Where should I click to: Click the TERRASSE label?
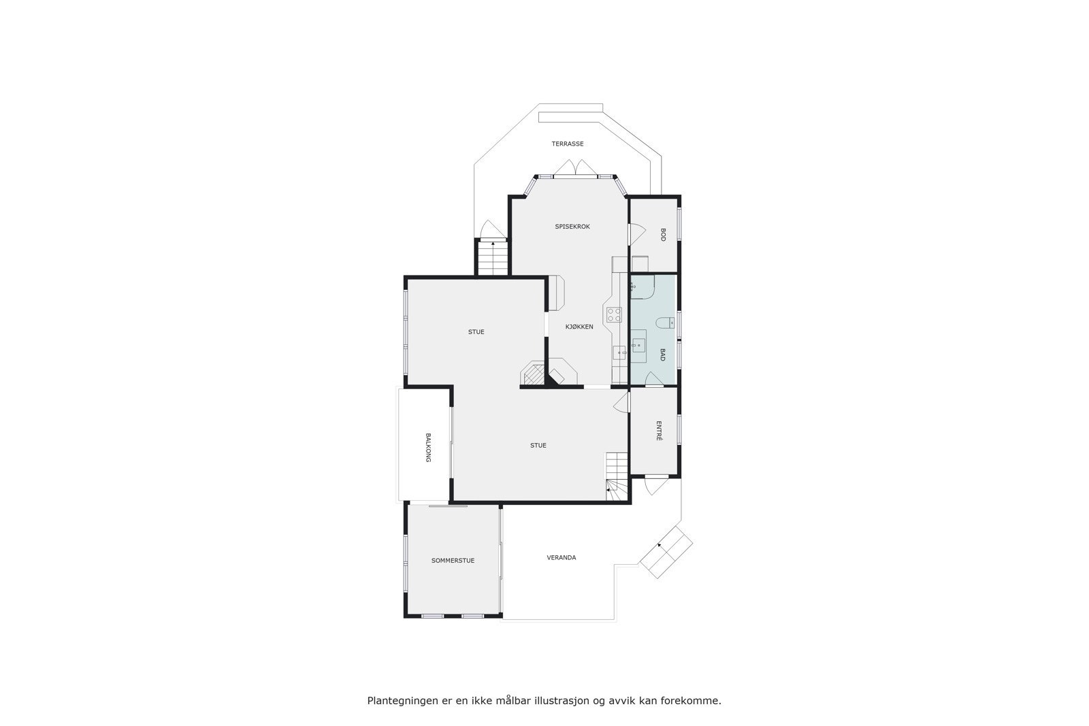coord(567,144)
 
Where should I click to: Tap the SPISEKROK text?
coord(572,227)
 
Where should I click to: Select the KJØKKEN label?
coord(579,327)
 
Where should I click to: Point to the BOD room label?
coord(662,235)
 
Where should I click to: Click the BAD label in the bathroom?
coord(662,354)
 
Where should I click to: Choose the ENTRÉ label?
coord(659,431)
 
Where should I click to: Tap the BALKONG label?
coord(428,448)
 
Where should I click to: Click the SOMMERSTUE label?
coord(453,561)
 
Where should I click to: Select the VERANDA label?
coord(562,558)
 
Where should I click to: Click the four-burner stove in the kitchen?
coord(614,314)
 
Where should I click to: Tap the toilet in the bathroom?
coord(664,323)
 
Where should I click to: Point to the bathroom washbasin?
coord(638,345)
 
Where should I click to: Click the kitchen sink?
coord(619,352)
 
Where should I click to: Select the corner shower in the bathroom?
coord(641,287)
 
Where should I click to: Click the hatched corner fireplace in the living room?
coord(533,374)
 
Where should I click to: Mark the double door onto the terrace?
coord(576,167)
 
